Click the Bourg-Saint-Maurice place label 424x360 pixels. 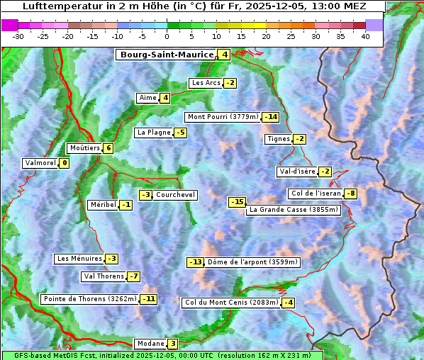tap(167, 55)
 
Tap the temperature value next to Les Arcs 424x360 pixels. tap(230, 83)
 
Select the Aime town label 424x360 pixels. tap(147, 98)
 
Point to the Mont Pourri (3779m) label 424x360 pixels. tap(223, 117)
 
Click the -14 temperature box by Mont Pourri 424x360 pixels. tap(271, 117)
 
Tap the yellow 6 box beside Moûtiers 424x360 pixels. tap(108, 148)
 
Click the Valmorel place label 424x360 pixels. tap(40, 163)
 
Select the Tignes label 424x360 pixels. tap(278, 139)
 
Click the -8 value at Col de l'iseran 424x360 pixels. tap(350, 194)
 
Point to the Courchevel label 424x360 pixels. tap(175, 195)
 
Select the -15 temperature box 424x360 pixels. tap(237, 202)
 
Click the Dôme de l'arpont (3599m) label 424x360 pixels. tap(253, 262)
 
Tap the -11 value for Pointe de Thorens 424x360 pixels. tap(148, 299)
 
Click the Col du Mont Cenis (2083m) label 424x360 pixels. tap(231, 303)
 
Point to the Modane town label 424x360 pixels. tap(150, 344)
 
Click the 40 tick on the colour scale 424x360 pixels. tap(365, 36)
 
